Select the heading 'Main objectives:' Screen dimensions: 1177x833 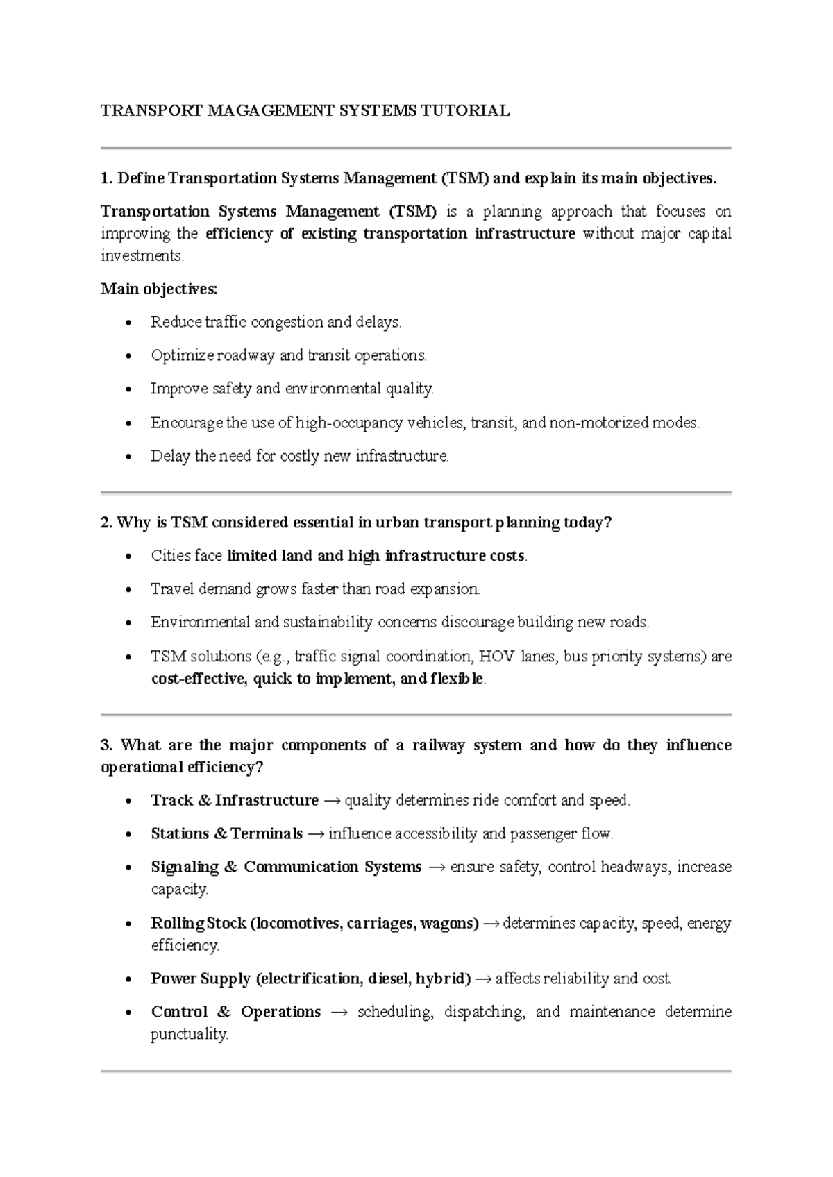159,289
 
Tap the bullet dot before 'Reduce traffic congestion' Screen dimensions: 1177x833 126,323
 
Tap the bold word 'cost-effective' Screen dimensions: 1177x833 198,679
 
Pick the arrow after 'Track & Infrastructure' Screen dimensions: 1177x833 332,801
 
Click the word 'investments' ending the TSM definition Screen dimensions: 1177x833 142,256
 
